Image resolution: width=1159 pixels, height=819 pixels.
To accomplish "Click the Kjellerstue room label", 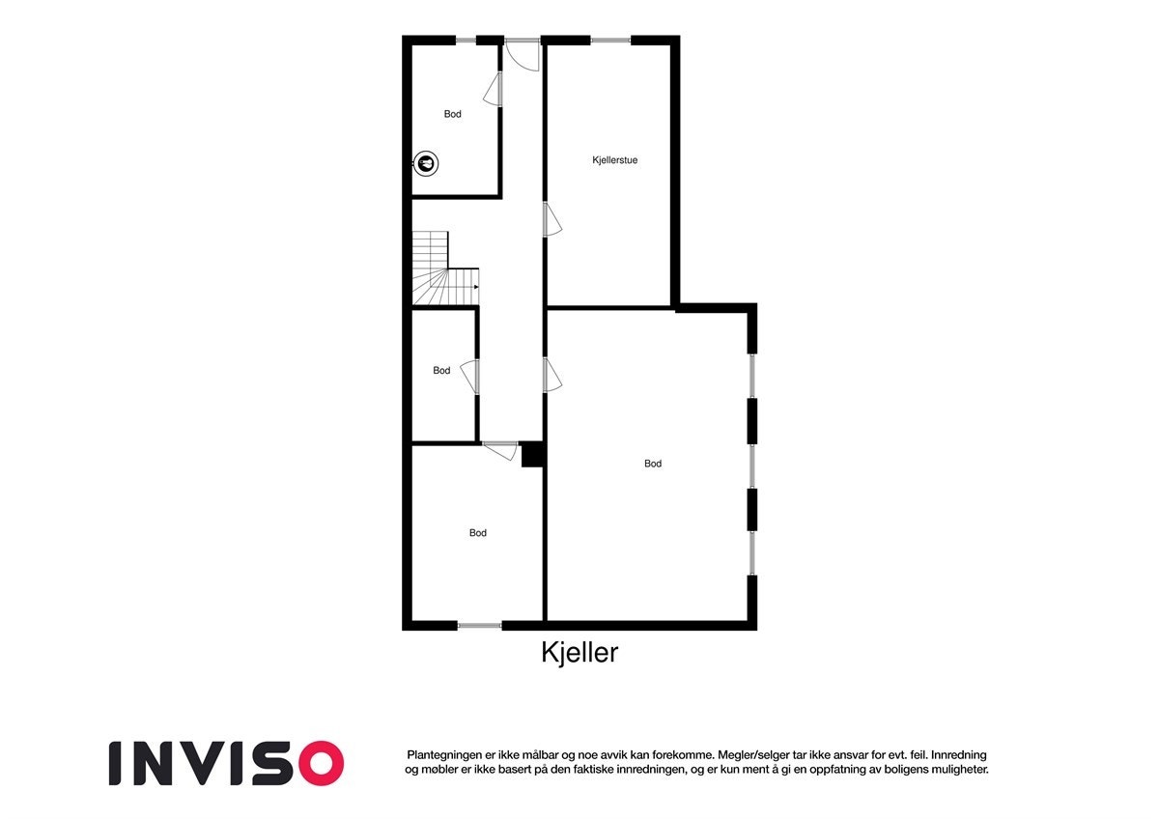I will (614, 160).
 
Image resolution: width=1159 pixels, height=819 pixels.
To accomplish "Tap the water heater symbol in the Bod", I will (425, 163).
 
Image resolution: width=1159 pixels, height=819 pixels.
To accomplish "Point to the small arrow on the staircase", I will (476, 286).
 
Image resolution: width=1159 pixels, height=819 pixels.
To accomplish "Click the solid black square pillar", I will (532, 455).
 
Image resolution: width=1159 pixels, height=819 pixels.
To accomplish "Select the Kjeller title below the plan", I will (579, 654).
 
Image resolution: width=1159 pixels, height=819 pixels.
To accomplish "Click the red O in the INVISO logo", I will (320, 763).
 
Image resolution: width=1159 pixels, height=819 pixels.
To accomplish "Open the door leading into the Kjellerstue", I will (551, 219).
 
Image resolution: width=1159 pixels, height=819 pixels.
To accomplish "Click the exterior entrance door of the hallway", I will (523, 52).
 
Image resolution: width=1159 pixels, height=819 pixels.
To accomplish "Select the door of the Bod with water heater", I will (494, 88).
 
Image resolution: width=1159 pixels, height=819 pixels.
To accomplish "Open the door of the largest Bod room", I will (551, 375).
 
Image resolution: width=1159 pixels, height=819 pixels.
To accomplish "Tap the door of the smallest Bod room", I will (470, 376).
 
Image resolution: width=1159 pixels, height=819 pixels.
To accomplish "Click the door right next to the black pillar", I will (500, 450).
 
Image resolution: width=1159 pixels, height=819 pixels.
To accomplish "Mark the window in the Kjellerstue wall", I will (609, 40).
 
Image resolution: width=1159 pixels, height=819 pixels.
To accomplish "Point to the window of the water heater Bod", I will (466, 40).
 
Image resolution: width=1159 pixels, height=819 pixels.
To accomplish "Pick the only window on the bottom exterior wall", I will (479, 626).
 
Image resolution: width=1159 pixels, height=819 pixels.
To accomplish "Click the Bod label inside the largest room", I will (653, 464).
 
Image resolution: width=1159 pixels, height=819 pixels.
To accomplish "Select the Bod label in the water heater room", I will (452, 114).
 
